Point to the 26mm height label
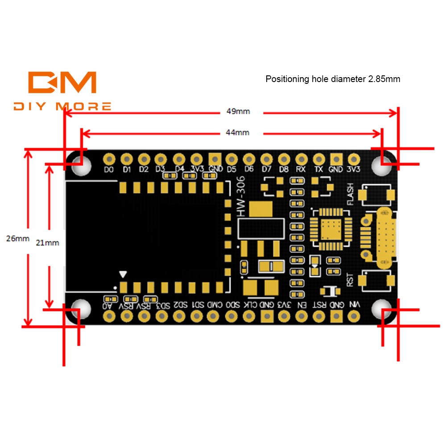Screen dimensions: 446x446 point(17,238)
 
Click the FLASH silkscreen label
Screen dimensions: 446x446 point(350,194)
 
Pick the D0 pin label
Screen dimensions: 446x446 point(109,169)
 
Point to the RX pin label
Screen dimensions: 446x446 point(301,169)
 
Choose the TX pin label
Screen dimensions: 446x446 point(318,169)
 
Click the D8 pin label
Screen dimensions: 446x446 point(284,169)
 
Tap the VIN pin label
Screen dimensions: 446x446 point(355,305)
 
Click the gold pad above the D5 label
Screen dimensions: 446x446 point(231,158)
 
